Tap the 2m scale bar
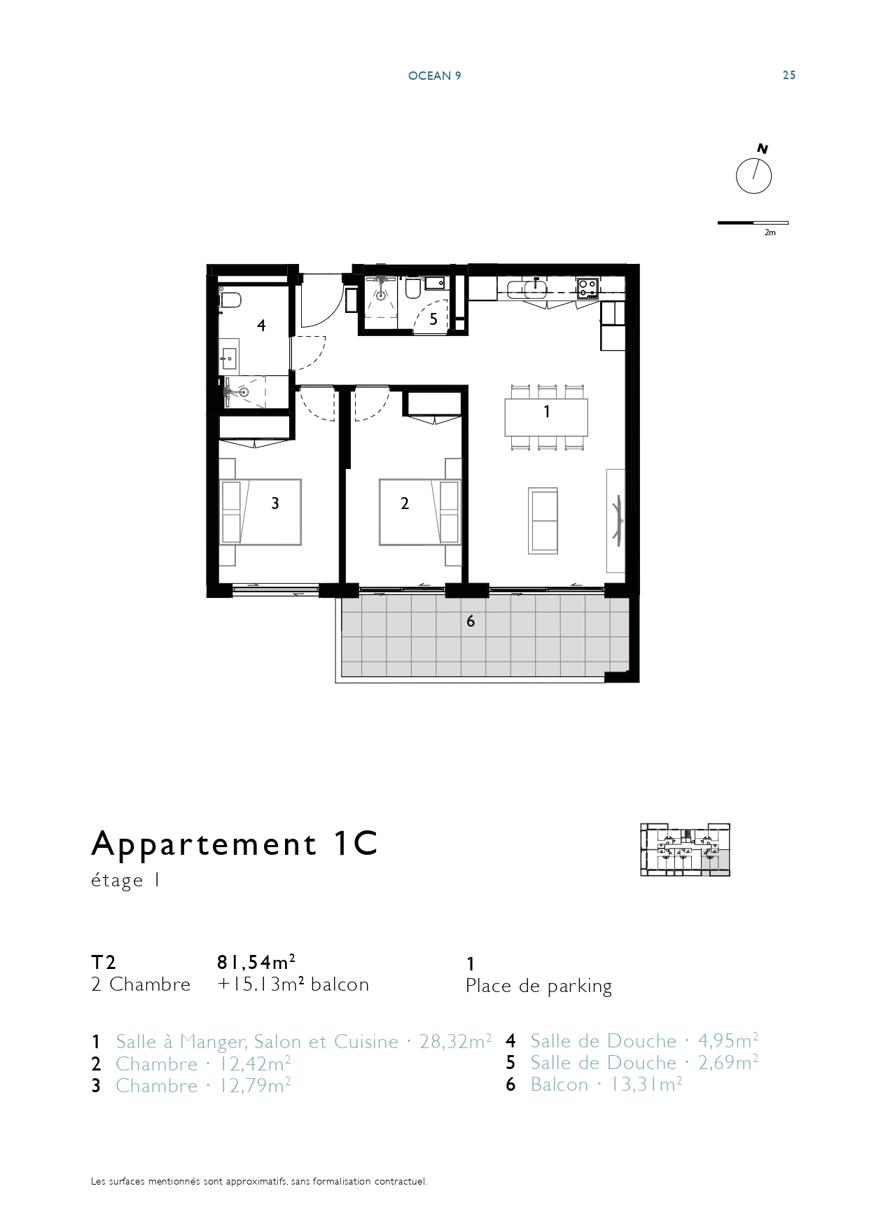(753, 223)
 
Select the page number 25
(789, 76)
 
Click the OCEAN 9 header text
(434, 76)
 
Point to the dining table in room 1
(546, 417)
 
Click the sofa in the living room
(543, 521)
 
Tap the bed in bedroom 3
(260, 512)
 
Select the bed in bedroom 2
(420, 512)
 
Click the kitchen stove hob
(588, 288)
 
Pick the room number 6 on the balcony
(471, 621)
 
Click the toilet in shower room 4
(229, 300)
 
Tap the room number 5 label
(433, 319)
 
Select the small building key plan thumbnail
(685, 850)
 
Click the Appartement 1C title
(235, 844)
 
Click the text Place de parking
(538, 986)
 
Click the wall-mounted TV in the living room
(618, 519)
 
